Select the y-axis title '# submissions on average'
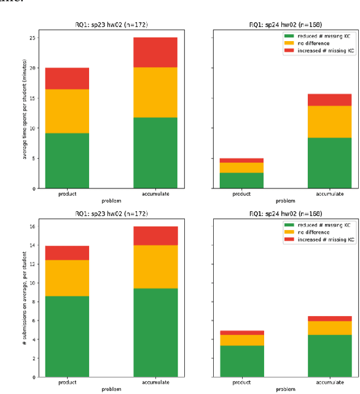pyautogui.click(x=25, y=301)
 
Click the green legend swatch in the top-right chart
pyautogui.click(x=288, y=36)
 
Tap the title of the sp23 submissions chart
pyautogui.click(x=111, y=214)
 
